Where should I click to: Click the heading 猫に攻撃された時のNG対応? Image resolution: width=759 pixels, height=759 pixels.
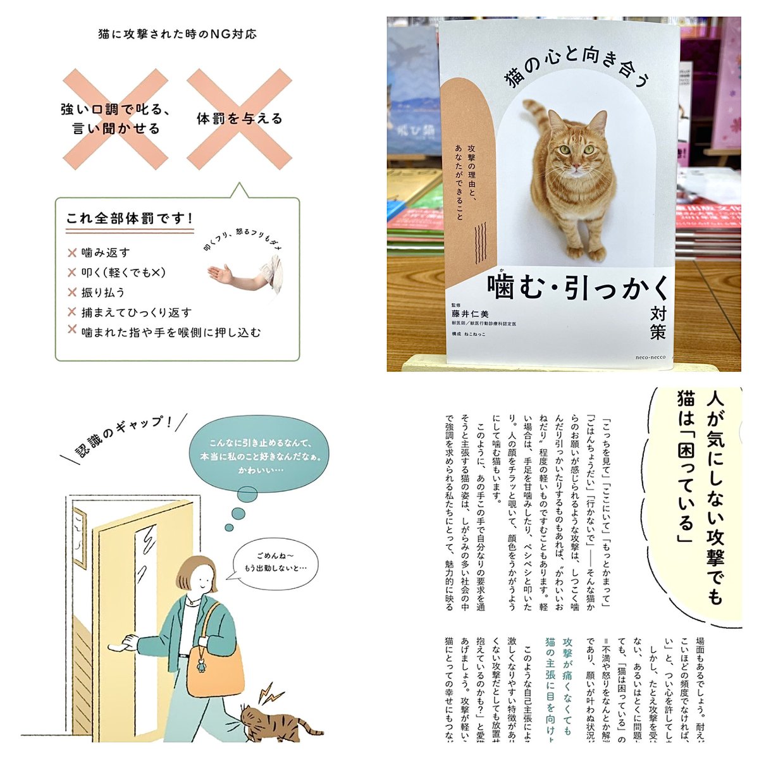(x=177, y=34)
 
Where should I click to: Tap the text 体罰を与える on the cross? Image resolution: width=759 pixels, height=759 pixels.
(x=240, y=118)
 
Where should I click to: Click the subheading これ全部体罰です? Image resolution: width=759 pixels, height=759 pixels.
(x=130, y=218)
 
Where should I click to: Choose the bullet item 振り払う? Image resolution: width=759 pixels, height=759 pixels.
(x=103, y=292)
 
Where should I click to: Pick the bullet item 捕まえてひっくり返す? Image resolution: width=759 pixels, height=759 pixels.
(x=136, y=312)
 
